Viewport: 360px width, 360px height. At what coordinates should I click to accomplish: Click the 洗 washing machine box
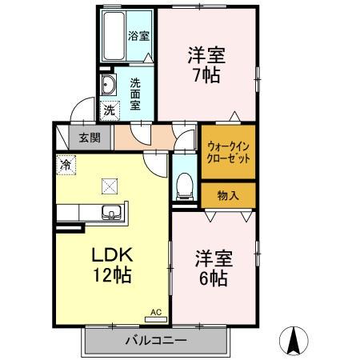coord(108,110)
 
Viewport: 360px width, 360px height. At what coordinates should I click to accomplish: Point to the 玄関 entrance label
coord(90,137)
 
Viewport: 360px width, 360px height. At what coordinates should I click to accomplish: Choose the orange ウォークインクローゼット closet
coord(228,152)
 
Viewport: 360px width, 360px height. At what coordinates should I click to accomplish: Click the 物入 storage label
coord(228,195)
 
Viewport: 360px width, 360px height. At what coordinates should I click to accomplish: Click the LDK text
coord(110,256)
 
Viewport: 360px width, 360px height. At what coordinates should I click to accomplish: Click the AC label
coord(156,314)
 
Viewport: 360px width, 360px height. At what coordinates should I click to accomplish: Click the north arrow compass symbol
coord(293,342)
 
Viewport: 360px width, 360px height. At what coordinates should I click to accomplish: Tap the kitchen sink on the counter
coord(111,212)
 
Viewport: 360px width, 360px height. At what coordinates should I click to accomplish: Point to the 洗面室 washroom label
coord(135,90)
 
